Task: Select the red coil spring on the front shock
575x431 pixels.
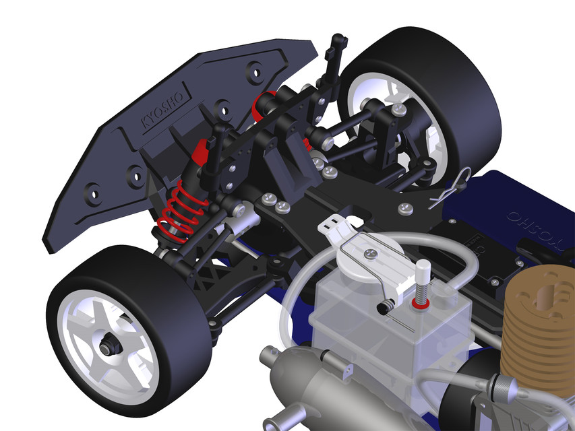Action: [181, 205]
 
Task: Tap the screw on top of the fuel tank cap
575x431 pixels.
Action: [370, 253]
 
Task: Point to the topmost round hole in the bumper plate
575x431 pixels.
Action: [255, 69]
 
